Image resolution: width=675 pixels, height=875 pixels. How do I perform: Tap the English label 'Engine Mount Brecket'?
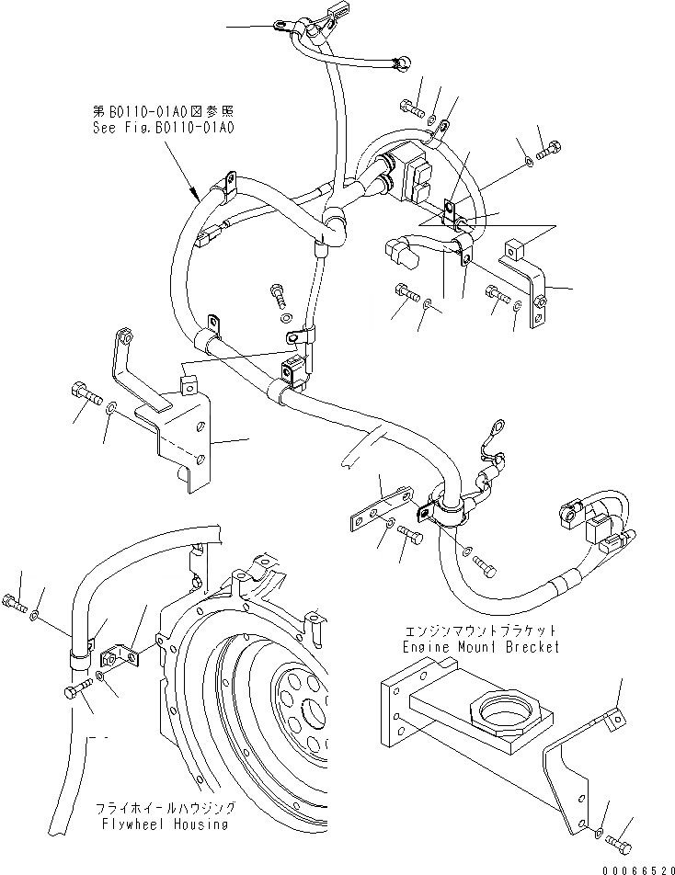tap(481, 647)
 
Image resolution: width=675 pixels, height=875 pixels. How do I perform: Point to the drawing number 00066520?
tap(638, 865)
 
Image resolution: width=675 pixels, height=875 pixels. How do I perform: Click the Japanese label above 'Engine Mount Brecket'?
tap(480, 632)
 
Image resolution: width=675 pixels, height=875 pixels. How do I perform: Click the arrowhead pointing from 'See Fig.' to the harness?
tap(196, 195)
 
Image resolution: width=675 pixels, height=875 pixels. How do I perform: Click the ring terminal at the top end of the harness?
tap(280, 27)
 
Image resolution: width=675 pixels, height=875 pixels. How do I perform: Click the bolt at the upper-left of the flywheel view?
tap(12, 603)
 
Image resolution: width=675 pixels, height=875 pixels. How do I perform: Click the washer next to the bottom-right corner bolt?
tap(598, 830)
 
